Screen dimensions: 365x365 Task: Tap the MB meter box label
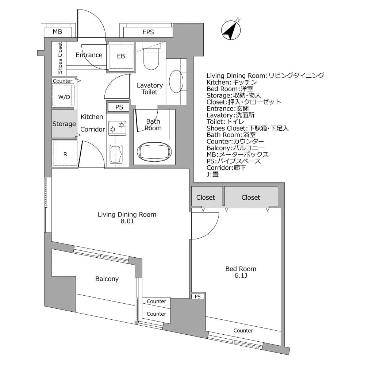[x=57, y=32]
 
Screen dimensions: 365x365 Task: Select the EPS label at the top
[x=148, y=32]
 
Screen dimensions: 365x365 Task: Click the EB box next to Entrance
[x=121, y=56]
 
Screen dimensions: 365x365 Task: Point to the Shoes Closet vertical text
[x=60, y=58]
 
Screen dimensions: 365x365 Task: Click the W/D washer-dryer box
[x=64, y=96]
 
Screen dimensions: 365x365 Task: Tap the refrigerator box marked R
[x=65, y=154]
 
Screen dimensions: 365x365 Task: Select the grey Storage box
[x=64, y=124]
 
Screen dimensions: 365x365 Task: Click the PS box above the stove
[x=119, y=107]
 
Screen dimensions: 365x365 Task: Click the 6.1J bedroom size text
[x=241, y=276]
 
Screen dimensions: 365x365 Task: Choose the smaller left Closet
[x=206, y=197]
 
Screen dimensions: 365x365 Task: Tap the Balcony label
[x=107, y=279]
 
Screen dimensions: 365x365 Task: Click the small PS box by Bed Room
[x=198, y=297]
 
